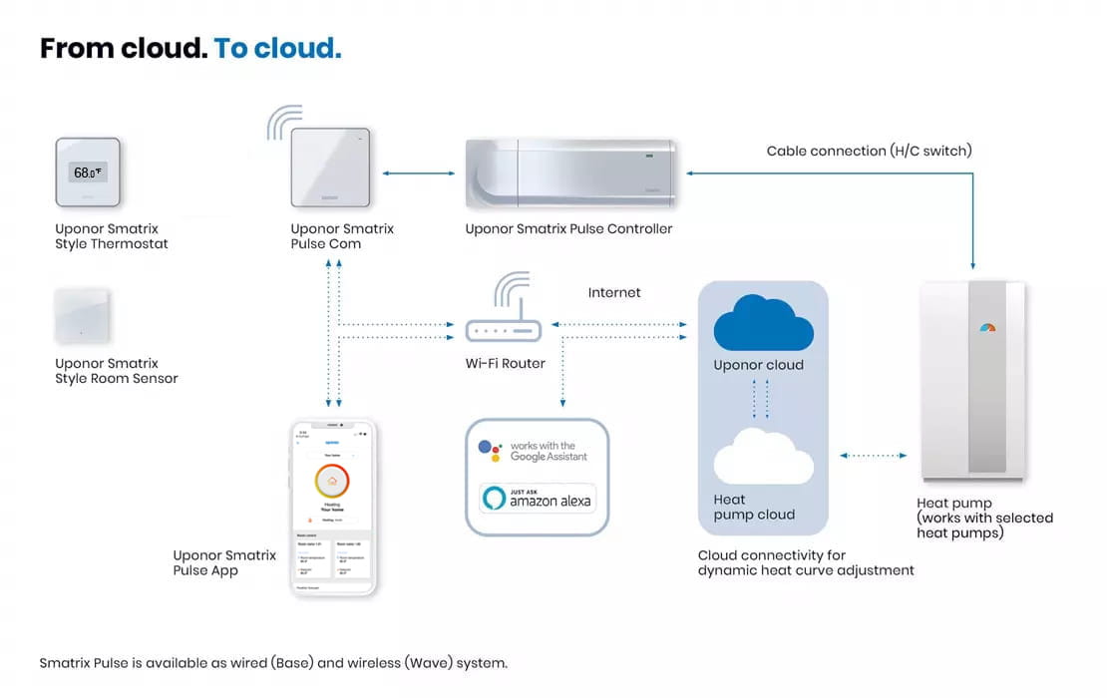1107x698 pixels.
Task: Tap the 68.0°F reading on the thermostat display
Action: pyautogui.click(x=88, y=173)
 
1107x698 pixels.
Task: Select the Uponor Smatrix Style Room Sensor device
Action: pyautogui.click(x=82, y=316)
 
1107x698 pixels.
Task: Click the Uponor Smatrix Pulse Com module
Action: pyautogui.click(x=330, y=171)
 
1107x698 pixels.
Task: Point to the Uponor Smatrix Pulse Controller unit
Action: pyautogui.click(x=571, y=174)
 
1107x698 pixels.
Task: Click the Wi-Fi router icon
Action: pyautogui.click(x=503, y=319)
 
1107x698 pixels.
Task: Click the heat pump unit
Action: pyautogui.click(x=973, y=379)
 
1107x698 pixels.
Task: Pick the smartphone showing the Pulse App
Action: pyautogui.click(x=333, y=507)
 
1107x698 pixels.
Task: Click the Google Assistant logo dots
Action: pyautogui.click(x=489, y=451)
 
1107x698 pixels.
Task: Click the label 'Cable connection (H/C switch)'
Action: pyautogui.click(x=869, y=152)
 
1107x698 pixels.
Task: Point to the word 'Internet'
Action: pyautogui.click(x=614, y=293)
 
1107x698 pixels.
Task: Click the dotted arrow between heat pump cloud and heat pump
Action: pyautogui.click(x=874, y=456)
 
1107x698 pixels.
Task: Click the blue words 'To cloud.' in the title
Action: pyautogui.click(x=277, y=48)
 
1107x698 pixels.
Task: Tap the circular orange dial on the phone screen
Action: pyautogui.click(x=332, y=482)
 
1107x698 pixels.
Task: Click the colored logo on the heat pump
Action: pyautogui.click(x=987, y=326)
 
